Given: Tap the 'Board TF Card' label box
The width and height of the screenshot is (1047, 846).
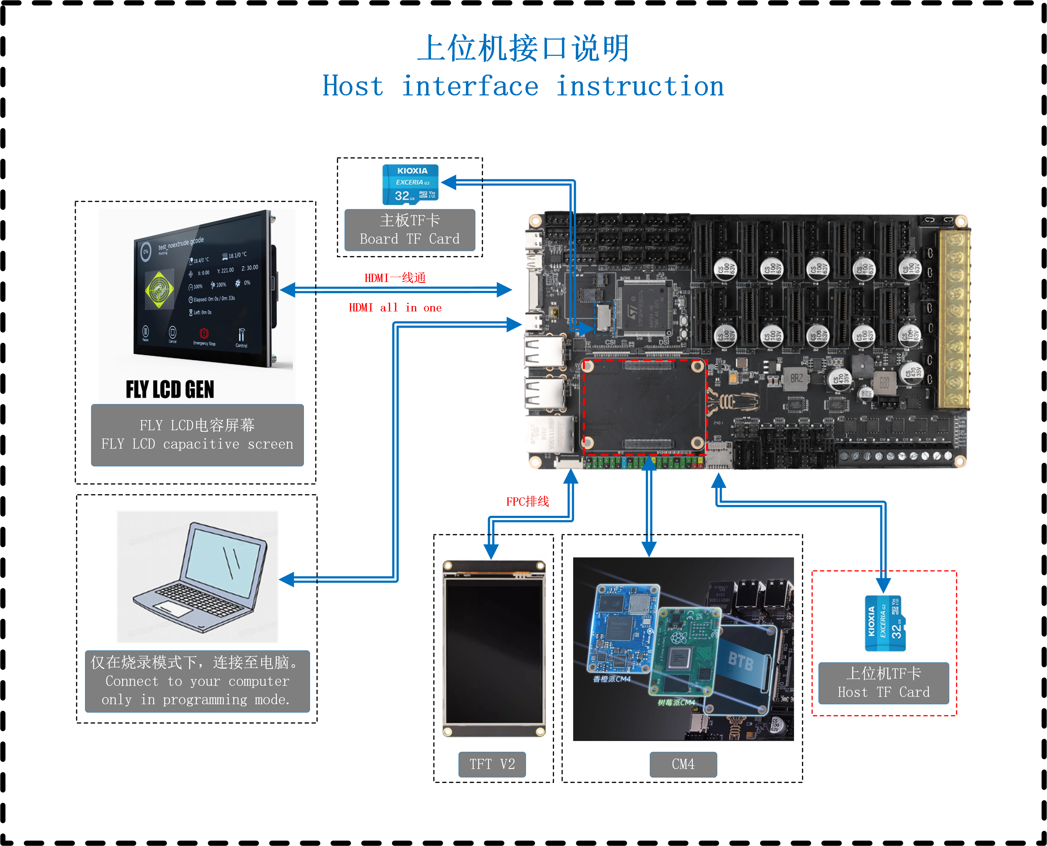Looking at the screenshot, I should pos(409,230).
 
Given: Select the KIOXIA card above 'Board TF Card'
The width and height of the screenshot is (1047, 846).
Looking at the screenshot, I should pos(410,184).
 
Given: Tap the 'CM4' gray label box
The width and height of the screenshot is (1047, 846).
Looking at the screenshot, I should pos(683,764).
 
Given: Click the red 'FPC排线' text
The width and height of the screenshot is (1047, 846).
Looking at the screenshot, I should pos(527,501).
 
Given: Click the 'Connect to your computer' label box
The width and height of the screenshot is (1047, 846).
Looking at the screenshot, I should pos(197,681).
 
